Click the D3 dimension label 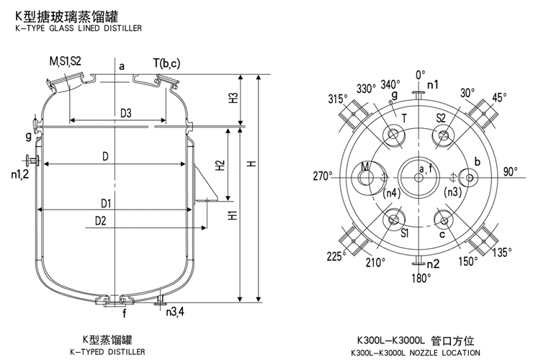coord(125,113)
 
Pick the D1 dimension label coord(106,202)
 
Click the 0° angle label coord(420,73)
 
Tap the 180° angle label coord(421,276)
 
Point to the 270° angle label coord(321,174)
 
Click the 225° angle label coord(336,256)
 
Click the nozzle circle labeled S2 coord(442,134)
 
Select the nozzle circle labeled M coord(365,175)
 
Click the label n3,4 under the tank coord(174,312)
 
